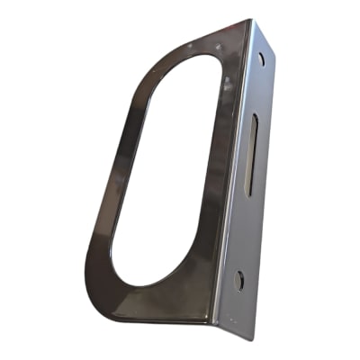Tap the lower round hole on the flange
238,278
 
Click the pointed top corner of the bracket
249,21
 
